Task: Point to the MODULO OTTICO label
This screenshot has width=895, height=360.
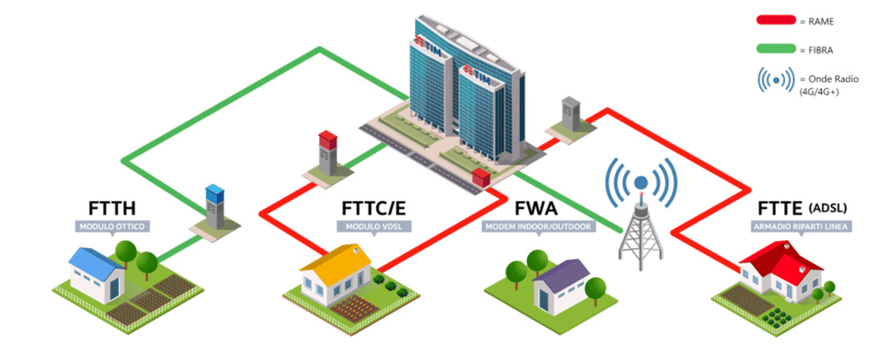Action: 113,227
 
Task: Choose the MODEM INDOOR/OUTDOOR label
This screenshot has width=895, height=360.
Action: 538,227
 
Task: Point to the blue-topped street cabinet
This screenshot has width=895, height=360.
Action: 214,207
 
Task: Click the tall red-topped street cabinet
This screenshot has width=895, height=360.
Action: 328,154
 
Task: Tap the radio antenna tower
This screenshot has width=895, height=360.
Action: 641,223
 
